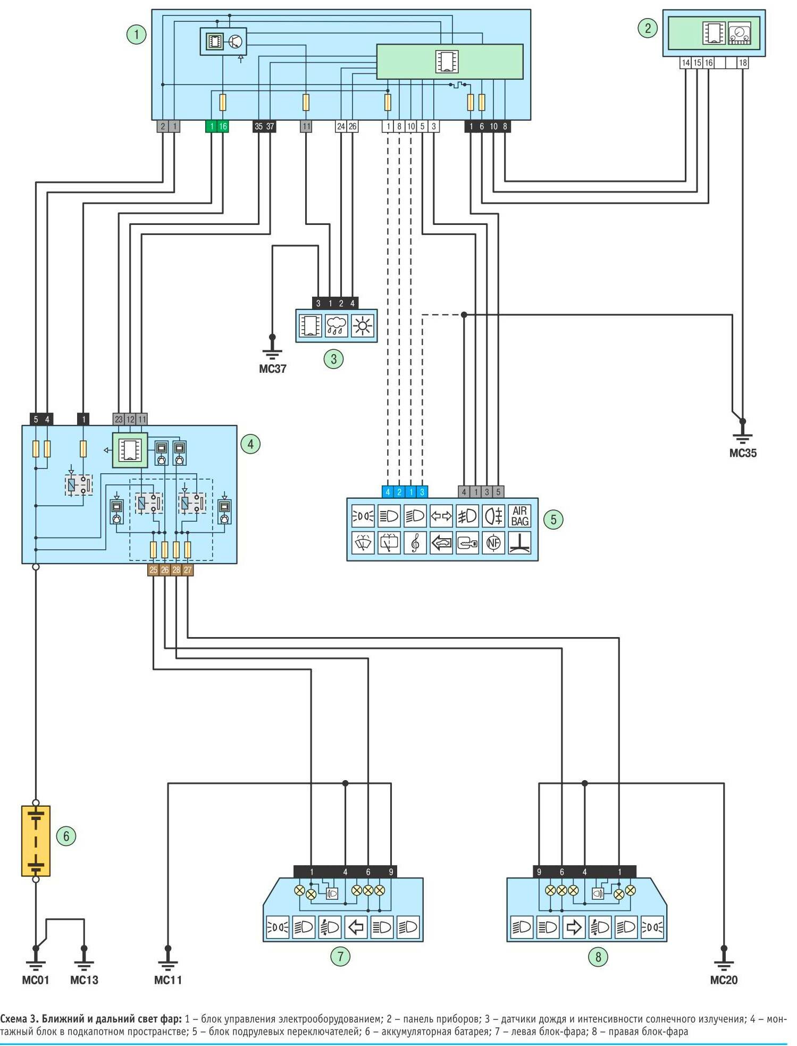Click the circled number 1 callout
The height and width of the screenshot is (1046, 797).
coord(136,35)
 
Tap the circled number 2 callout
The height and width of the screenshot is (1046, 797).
coord(647,28)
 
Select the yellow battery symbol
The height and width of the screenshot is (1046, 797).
coord(36,841)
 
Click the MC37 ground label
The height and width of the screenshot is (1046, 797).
coord(272,369)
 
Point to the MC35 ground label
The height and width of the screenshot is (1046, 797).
coord(742,454)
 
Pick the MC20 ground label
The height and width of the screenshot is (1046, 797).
coord(723,980)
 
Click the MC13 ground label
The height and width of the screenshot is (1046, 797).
coord(84,980)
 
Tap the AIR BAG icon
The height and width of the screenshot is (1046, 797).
coord(519,516)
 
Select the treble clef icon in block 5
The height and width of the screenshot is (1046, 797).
coord(415,543)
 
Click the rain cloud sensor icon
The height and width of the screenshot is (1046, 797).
coord(337,325)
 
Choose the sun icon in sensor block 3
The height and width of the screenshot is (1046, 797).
coord(363,325)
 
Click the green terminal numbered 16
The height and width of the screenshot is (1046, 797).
coord(223,127)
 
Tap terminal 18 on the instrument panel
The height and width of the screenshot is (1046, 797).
coord(743,63)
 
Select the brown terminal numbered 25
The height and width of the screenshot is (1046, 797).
coord(153,570)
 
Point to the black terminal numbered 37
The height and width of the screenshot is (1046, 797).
coord(270,127)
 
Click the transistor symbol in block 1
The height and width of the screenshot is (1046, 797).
coord(236,41)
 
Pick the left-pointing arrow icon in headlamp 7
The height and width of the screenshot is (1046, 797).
coord(356,927)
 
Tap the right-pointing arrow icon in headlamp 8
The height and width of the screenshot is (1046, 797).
coord(573,927)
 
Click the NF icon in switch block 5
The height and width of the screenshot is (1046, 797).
coord(493,543)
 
